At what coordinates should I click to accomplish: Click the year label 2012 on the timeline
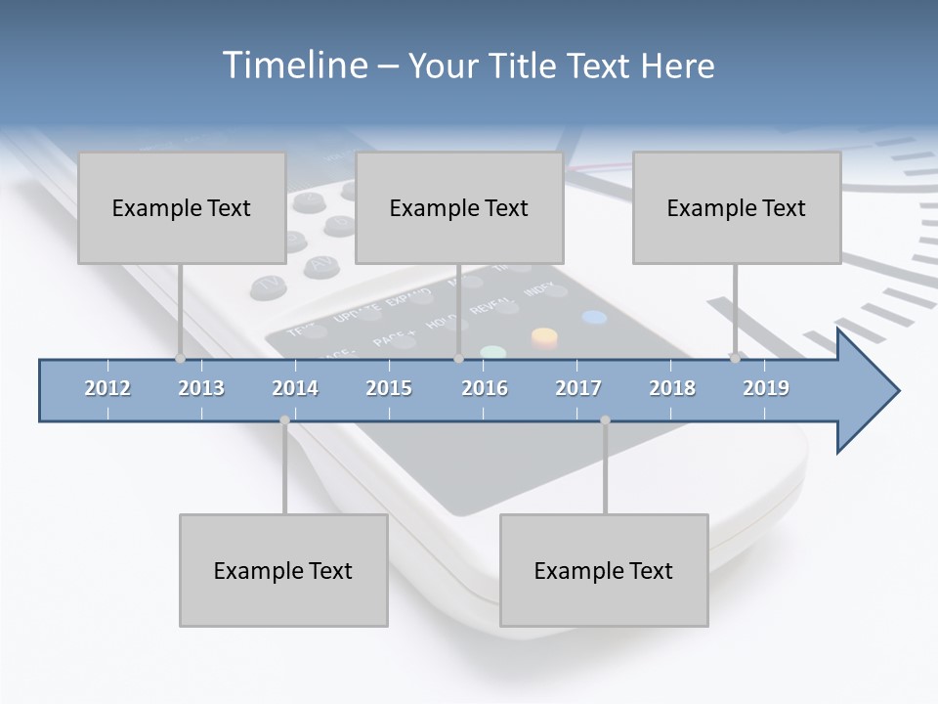pos(107,388)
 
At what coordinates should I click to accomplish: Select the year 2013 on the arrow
pos(201,388)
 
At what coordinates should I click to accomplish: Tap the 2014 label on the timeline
pos(295,388)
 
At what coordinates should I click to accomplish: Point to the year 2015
pos(389,388)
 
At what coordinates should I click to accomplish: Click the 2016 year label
pos(485,388)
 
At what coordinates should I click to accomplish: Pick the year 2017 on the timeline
pos(578,388)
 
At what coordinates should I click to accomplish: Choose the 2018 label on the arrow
pos(672,388)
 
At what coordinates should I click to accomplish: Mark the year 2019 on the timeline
pos(766,388)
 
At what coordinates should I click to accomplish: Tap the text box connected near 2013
pos(182,207)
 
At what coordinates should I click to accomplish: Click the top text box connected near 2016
pos(459,207)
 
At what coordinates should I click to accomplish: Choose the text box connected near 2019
pos(737,207)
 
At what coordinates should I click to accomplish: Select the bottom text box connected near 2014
pos(283,570)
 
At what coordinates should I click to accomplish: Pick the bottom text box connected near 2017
pos(604,570)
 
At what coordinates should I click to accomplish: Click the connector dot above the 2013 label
pos(180,358)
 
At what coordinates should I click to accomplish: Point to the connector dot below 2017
pos(605,420)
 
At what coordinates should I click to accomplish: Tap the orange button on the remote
pos(544,338)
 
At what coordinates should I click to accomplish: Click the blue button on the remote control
pos(594,317)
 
